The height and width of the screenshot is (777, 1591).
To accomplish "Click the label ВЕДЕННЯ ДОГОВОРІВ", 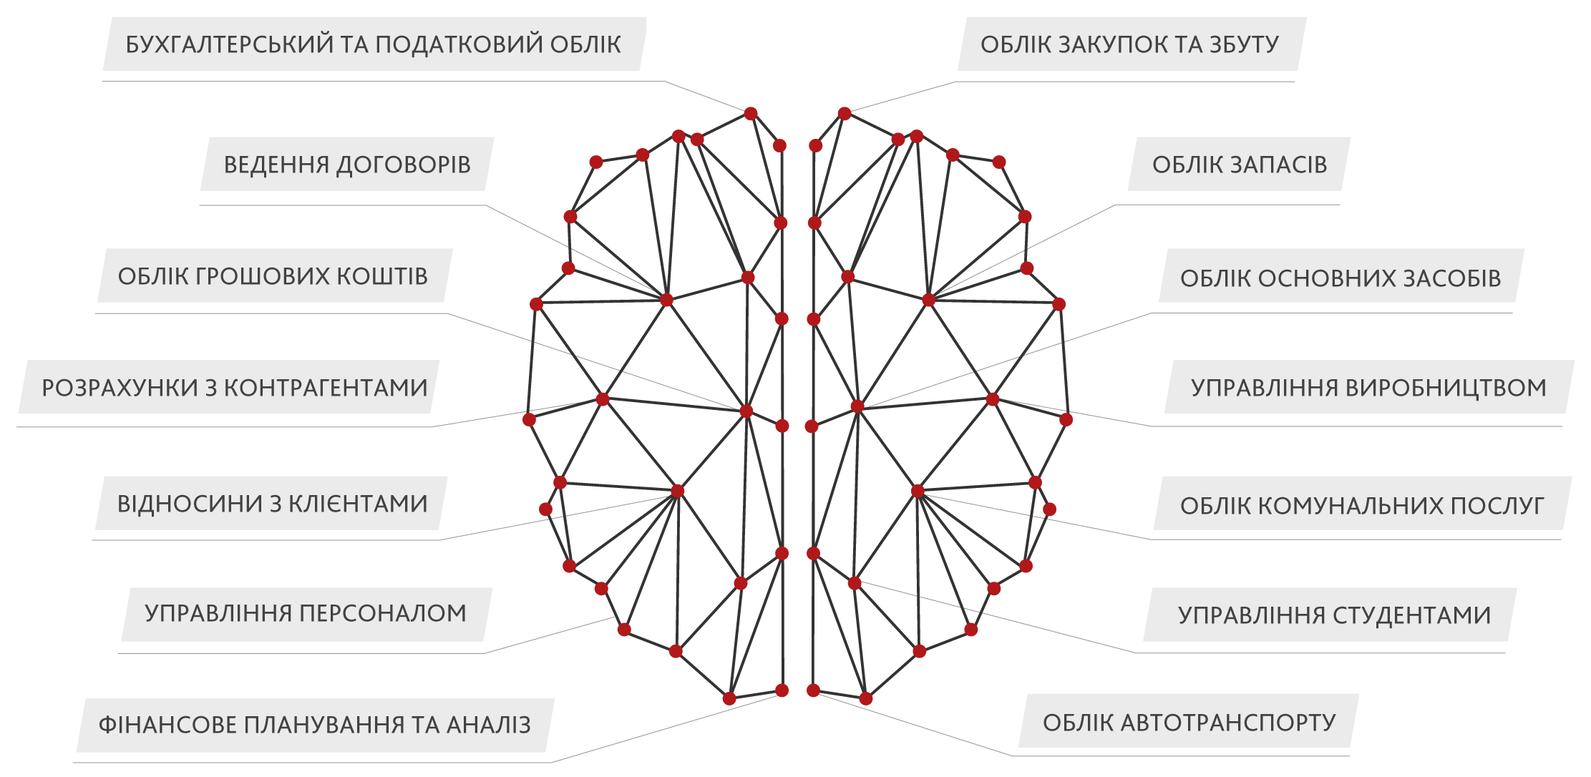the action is click(347, 165).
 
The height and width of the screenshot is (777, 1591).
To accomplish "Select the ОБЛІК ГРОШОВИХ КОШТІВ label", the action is click(273, 276).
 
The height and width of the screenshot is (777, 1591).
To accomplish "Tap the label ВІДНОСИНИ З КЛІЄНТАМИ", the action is click(273, 504).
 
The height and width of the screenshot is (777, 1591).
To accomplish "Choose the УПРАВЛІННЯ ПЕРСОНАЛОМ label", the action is click(306, 613).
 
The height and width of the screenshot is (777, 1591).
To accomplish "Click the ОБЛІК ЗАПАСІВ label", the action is click(1240, 165).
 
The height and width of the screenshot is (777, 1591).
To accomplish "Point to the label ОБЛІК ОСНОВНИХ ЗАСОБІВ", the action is click(1341, 278).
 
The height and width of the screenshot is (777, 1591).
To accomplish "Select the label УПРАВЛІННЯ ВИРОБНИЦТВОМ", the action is click(1368, 388).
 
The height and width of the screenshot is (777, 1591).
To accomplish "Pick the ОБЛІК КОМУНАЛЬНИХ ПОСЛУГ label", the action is click(1362, 506).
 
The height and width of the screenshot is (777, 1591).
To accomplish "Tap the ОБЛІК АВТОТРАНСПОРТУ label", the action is click(1189, 723).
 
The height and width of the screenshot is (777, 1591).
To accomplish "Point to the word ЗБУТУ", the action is click(1245, 44).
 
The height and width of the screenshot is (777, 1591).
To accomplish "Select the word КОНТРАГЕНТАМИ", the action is click(326, 388).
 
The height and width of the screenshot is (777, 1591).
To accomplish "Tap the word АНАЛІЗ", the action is click(490, 725).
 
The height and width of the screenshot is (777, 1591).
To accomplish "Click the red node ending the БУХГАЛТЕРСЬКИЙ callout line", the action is click(751, 114).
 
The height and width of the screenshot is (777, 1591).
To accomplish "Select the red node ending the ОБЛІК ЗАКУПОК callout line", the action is click(845, 114).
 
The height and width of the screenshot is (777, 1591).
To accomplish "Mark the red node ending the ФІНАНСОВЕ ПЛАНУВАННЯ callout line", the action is click(782, 690).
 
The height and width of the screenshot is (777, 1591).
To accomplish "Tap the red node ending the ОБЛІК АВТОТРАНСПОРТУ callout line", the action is click(813, 690).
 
